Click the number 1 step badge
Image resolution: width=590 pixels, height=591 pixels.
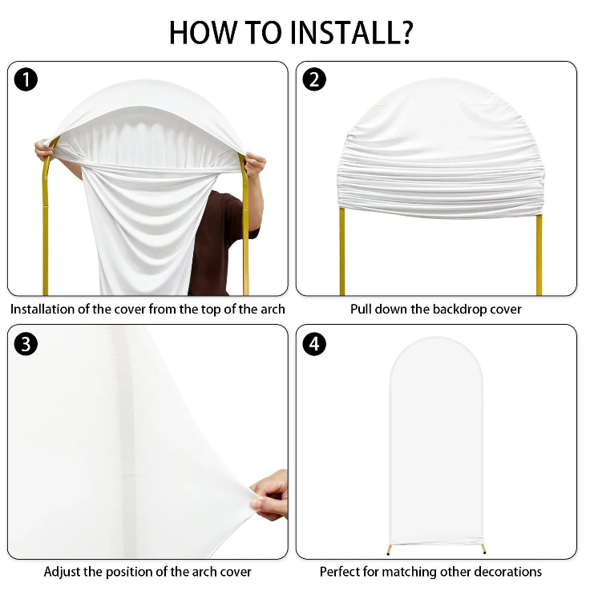[26, 79]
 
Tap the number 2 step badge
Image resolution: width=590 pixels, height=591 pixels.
[314, 79]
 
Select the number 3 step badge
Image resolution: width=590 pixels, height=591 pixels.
[26, 344]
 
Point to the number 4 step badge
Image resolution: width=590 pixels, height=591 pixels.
[314, 344]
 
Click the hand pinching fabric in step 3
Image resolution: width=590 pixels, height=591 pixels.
[270, 494]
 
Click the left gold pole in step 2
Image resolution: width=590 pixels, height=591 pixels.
[342, 251]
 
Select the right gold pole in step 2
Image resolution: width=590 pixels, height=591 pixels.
[539, 255]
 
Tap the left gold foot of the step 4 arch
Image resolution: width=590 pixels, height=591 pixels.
[390, 549]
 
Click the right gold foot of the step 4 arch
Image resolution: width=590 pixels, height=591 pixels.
[483, 548]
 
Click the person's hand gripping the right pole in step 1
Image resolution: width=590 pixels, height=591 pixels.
[255, 165]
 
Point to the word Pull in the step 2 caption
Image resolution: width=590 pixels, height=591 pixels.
[361, 309]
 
